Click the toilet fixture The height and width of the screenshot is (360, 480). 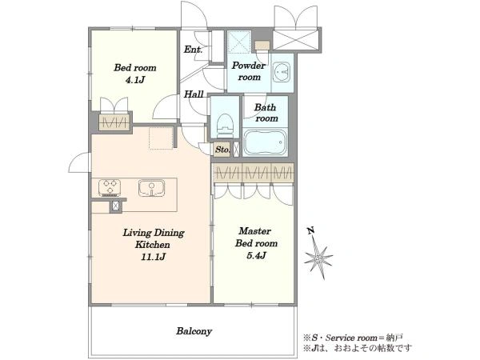tap(226, 126)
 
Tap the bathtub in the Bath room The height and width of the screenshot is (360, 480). tap(266, 142)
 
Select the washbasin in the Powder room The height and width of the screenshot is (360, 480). tap(282, 72)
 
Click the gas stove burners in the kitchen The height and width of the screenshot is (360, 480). tap(110, 187)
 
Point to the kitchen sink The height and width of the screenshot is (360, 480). tap(151, 188)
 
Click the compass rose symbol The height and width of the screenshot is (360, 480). tap(318, 259)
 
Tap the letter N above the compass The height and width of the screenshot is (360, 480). tap(311, 230)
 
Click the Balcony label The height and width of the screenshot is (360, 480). tap(194, 331)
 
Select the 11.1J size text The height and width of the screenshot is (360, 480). tap(153, 257)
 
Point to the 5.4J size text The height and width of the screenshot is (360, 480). tap(256, 255)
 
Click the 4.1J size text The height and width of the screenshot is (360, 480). tap(134, 80)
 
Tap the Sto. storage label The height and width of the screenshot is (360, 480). tap(222, 150)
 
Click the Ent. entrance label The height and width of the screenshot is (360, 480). tap(193, 50)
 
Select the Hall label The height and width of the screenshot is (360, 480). tap(194, 94)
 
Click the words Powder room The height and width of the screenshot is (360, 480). tap(249, 71)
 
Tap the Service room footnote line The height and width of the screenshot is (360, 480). tap(353, 338)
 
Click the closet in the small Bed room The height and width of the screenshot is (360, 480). tap(114, 122)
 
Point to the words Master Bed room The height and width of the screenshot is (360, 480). tap(256, 237)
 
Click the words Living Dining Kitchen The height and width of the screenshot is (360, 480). tap(154, 238)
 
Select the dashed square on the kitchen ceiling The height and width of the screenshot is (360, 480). tap(162, 138)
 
